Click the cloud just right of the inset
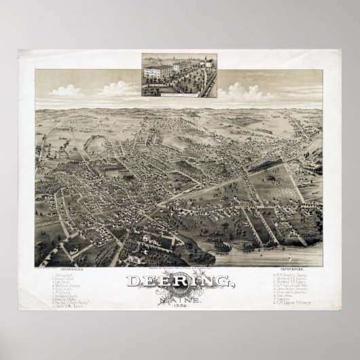(238, 89)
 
